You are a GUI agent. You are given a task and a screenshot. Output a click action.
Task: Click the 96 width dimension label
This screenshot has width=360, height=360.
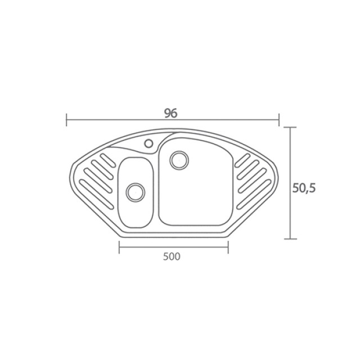171,113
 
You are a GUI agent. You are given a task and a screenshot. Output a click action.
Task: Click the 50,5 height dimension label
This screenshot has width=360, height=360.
304,188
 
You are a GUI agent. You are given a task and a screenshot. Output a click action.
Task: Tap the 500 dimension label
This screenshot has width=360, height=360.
172,256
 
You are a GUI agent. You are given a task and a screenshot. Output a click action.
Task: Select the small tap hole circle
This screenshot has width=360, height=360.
148,143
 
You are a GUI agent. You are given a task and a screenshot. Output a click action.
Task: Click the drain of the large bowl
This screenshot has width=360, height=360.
179,160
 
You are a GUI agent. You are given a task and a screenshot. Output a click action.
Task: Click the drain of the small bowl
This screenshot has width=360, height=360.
136,192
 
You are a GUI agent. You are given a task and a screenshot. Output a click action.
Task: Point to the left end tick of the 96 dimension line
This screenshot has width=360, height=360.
66,120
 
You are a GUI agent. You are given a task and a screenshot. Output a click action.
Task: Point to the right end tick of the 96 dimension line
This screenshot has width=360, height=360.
279,120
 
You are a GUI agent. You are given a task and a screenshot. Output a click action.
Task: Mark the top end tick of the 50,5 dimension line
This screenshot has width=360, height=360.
290,127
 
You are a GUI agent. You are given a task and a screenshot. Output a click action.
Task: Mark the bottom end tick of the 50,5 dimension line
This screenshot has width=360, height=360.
290,238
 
